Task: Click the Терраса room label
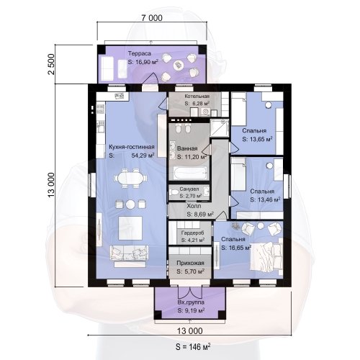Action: coord(140,53)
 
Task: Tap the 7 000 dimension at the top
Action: coord(152,18)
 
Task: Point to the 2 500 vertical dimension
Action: coord(51,64)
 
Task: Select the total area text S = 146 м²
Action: coord(193,346)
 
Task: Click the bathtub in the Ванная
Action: coord(189,172)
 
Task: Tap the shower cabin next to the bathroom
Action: coord(220,128)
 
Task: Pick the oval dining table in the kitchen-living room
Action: coord(131,179)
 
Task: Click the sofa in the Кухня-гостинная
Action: coord(129,253)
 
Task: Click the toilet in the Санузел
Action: coord(174,192)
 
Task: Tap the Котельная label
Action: coord(197,96)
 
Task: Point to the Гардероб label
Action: coord(193,233)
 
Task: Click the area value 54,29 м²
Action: coord(143,156)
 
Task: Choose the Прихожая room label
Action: coord(190,263)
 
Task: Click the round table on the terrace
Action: coord(178,65)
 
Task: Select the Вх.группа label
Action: coord(191,302)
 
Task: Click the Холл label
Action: coord(194,206)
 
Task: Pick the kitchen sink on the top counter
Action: coord(120,96)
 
